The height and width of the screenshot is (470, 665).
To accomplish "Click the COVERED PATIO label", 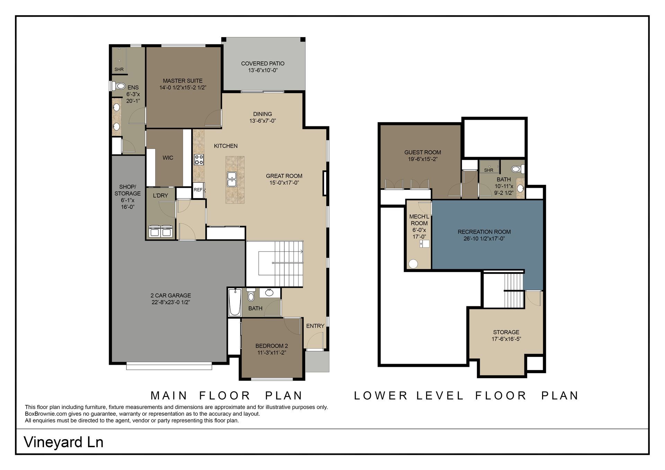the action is click(263, 64).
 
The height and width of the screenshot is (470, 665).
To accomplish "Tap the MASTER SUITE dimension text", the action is click(183, 88).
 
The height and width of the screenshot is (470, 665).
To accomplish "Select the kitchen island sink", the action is click(232, 179).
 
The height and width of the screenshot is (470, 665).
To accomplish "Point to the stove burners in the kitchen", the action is click(199, 159).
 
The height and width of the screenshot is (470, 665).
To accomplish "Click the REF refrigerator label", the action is click(198, 190).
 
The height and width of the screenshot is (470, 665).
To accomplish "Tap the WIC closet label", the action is click(168, 158).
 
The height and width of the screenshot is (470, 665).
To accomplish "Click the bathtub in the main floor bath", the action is click(235, 302).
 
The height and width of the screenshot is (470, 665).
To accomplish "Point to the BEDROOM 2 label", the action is click(272, 346).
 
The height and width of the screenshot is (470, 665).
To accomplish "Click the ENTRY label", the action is click(315, 326).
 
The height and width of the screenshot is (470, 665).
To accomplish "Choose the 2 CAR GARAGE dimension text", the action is click(171, 302).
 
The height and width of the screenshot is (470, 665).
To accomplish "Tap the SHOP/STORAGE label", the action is click(127, 190).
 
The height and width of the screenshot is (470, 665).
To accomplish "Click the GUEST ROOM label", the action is click(423, 153).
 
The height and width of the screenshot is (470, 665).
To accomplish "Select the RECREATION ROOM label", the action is click(484, 232).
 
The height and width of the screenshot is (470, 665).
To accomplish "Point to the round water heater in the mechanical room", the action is click(414, 264).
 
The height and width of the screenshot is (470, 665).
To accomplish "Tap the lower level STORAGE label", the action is click(506, 332).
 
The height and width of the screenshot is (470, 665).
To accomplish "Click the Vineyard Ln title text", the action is click(64, 442).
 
